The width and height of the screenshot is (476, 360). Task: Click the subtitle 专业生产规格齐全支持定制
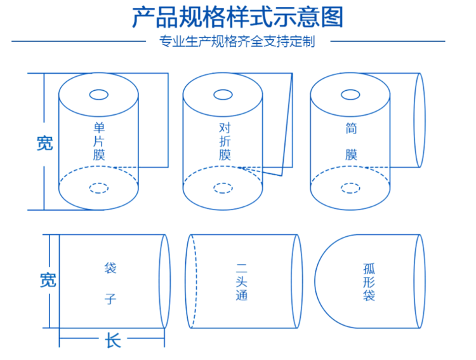pos(237,43)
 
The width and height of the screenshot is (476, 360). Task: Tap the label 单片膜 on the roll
pos(99,140)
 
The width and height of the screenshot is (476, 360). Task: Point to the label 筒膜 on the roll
pos(351,141)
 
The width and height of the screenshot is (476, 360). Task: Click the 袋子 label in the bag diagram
pos(110,283)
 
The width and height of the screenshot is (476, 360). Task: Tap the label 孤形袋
pos(369,283)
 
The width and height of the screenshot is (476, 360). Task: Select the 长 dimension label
pos(112,341)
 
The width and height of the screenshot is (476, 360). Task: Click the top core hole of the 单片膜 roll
pos(99,95)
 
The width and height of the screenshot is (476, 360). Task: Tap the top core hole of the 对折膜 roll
pos(223,95)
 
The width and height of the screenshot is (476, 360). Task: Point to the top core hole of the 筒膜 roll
pos(350,95)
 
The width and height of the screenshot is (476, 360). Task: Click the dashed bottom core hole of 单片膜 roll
pos(98,187)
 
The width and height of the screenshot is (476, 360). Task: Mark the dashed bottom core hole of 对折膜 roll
pos(223,187)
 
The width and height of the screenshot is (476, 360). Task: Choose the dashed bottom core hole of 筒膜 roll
pos(350,187)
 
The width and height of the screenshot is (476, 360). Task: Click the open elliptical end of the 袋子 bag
pos(164,281)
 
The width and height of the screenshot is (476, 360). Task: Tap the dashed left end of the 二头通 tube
pos(192,281)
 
